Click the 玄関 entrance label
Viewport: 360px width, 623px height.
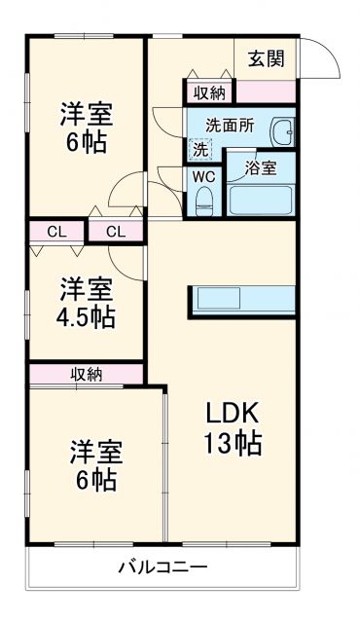click(267, 58)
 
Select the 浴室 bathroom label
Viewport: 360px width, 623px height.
click(260, 167)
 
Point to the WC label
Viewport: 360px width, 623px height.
click(203, 176)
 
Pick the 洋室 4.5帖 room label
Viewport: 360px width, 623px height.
click(86, 302)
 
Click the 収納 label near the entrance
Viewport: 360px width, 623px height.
click(209, 93)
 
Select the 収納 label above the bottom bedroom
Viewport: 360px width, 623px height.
click(87, 373)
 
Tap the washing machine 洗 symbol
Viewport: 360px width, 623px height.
click(198, 150)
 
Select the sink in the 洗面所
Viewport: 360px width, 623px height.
click(283, 133)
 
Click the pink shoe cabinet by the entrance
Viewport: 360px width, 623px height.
click(265, 93)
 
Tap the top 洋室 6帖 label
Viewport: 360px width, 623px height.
click(86, 127)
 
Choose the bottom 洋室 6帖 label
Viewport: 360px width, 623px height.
click(93, 465)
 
